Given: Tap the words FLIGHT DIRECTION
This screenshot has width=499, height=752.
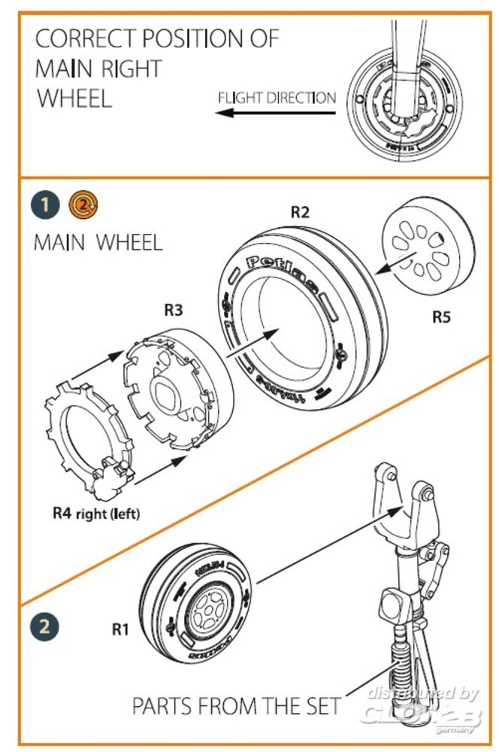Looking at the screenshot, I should tap(277, 98).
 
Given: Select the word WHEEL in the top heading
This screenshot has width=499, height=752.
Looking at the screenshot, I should tap(74, 98).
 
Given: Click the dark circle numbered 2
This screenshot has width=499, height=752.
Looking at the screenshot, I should tap(44, 626).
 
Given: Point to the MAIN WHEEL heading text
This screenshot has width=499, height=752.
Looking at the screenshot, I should tap(98, 243).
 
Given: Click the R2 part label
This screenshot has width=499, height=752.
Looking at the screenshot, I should tap(300, 212).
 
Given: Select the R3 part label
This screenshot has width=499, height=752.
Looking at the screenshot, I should tap(174, 309).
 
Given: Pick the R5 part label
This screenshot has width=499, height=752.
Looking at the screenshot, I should tap(442, 317).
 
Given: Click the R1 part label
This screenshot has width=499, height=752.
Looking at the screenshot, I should tap(121, 630).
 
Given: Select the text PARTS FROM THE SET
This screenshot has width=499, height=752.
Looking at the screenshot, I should tap(236, 706).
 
